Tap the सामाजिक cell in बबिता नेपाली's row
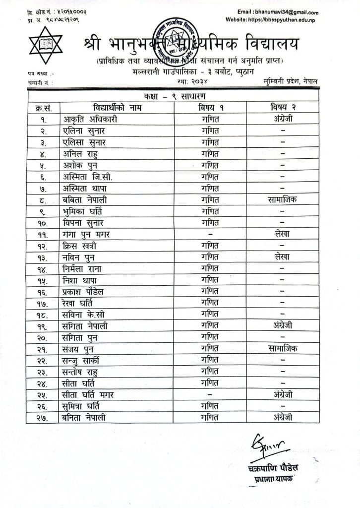(281, 200)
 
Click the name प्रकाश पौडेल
(84, 291)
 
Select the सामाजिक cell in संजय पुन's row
(281, 348)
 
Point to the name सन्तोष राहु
(81, 371)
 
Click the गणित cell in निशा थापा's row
(210, 280)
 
